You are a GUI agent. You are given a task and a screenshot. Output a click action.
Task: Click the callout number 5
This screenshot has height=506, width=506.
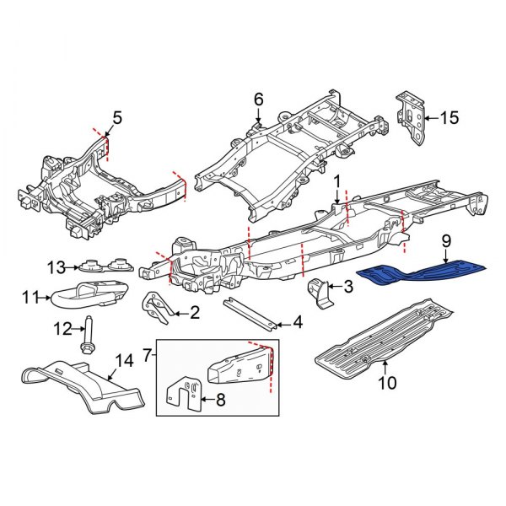point(117,118)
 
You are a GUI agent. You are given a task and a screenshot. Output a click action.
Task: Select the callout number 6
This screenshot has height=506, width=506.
point(259,100)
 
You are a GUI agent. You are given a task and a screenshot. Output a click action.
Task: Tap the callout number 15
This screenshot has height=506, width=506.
point(451,118)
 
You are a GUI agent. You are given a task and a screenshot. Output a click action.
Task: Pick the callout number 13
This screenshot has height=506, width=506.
point(56,267)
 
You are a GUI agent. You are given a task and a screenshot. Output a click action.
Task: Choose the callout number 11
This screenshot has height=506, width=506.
point(31,296)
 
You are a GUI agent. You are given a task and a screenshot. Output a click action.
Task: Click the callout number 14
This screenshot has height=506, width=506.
point(124,361)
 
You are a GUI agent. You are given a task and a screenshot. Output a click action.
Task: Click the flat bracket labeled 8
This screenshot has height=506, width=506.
point(186,396)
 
